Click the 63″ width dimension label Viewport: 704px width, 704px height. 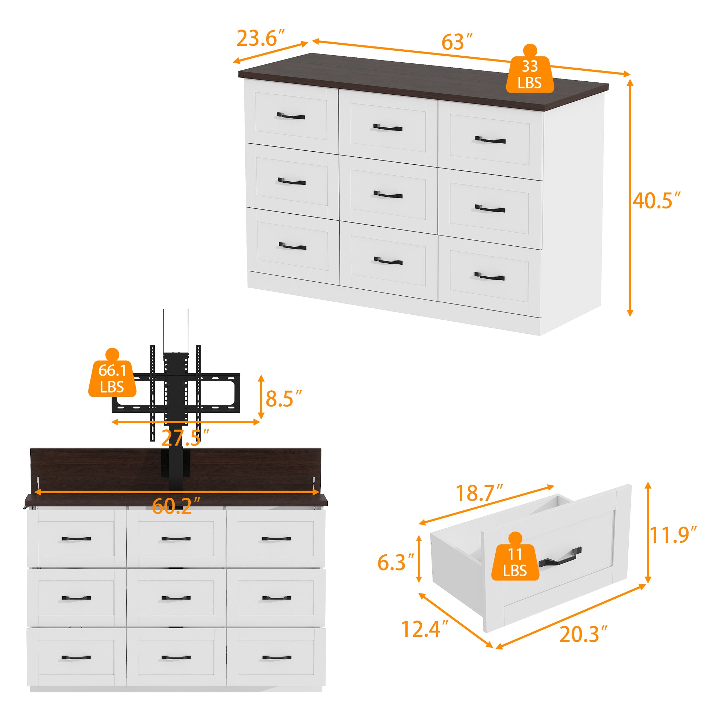coord(457,42)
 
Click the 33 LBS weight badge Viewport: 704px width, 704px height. coord(530,74)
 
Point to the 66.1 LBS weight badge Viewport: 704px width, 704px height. coord(112,379)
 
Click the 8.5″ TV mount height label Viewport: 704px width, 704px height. coord(283,399)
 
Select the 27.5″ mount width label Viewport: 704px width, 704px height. coord(185,438)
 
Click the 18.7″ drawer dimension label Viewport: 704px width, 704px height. coord(479,493)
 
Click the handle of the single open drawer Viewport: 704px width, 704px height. coord(560,558)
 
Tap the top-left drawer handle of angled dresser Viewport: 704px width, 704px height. coord(291,116)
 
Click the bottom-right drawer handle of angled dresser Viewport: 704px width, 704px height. coord(489,277)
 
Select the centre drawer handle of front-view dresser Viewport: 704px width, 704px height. coord(176,598)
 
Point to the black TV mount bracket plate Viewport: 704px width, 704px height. coord(176,393)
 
